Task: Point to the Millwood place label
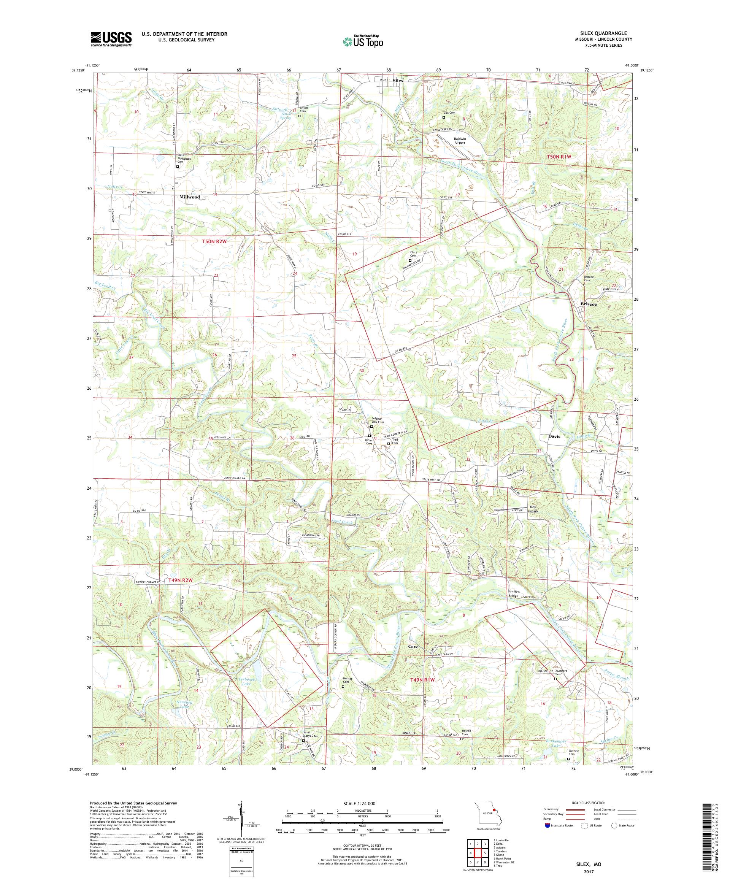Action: click(189, 197)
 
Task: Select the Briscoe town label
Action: click(588, 304)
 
